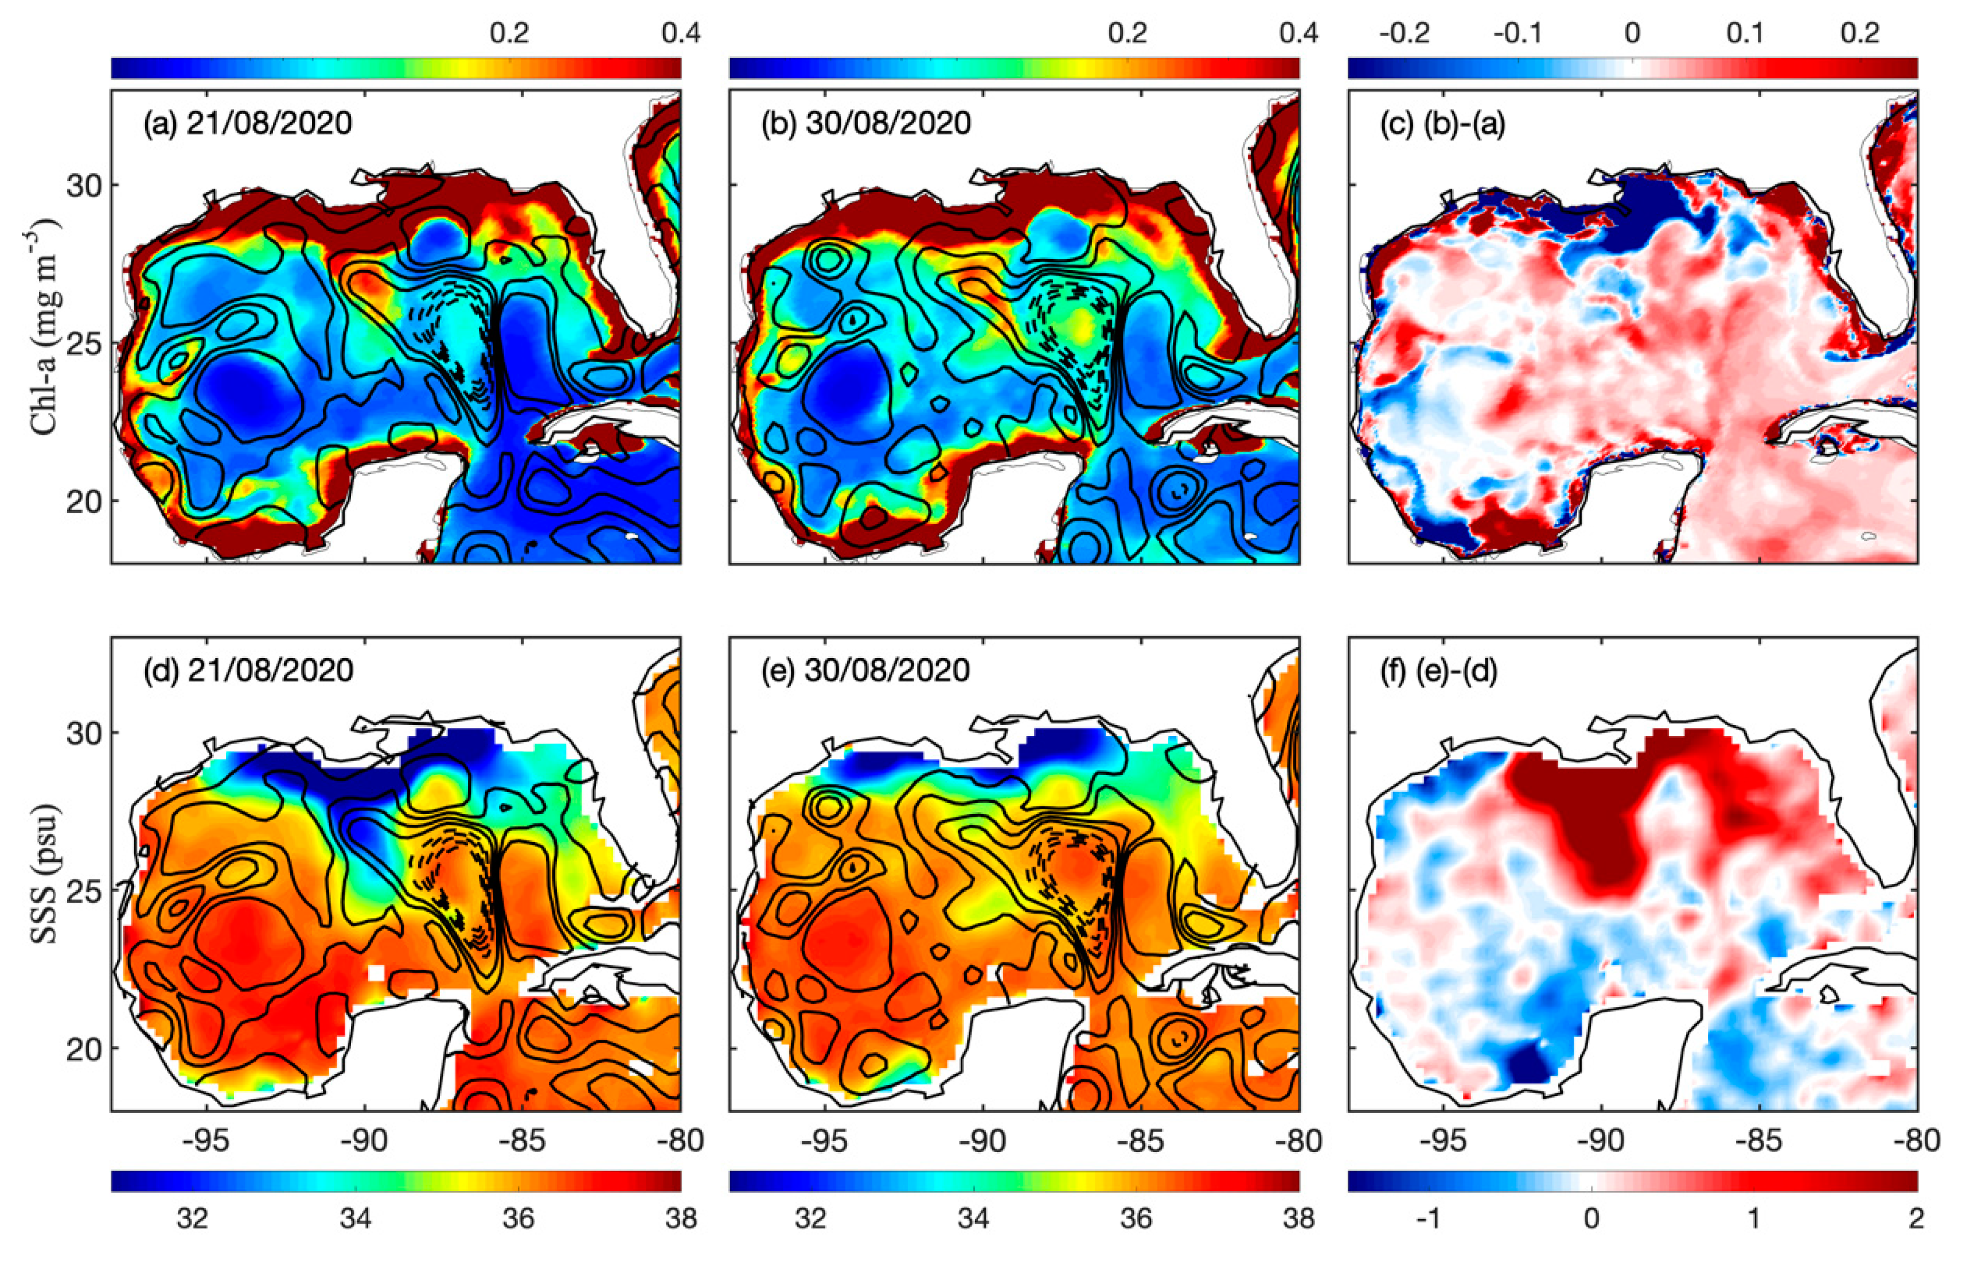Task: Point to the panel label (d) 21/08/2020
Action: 247,671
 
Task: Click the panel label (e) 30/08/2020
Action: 865,671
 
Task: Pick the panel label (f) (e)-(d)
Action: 1438,671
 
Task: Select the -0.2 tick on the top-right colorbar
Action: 1404,33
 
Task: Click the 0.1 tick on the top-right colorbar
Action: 1745,33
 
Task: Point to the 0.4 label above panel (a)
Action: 681,33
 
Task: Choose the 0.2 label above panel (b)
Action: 1128,33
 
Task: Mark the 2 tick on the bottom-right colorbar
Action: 1917,1218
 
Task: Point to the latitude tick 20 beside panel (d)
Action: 84,1048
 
